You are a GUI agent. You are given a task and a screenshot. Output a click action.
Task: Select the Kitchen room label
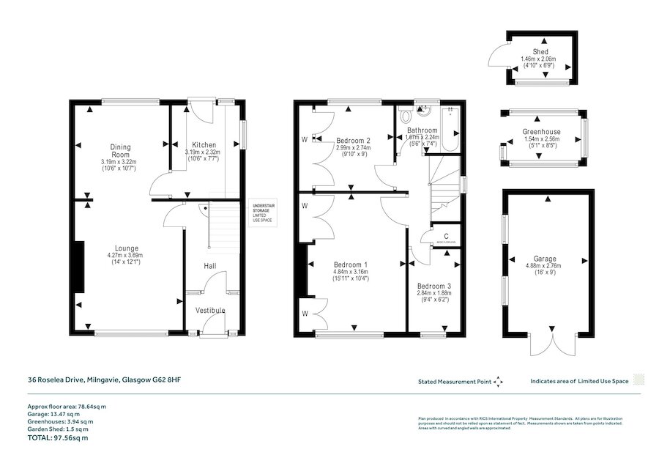click(x=204, y=144)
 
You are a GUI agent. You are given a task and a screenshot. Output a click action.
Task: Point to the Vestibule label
click(x=209, y=311)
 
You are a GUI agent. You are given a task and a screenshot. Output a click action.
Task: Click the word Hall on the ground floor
click(x=210, y=266)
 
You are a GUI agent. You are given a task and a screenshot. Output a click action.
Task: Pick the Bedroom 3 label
click(x=434, y=286)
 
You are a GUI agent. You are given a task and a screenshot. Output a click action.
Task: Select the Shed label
click(x=540, y=51)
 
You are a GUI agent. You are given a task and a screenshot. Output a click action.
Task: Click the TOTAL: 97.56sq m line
click(x=58, y=438)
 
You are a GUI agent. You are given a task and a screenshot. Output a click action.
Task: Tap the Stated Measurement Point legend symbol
click(x=499, y=381)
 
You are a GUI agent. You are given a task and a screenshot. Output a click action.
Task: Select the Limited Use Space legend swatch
click(x=638, y=380)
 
